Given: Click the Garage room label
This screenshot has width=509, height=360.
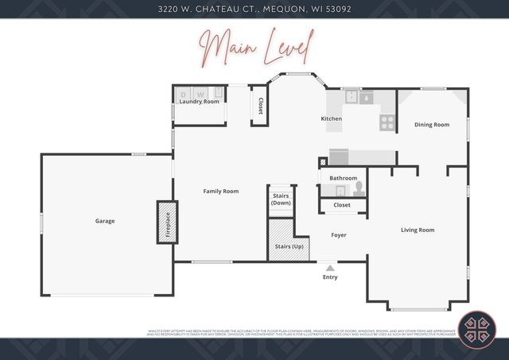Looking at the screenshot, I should coord(105,221).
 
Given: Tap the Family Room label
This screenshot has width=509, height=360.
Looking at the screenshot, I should coord(220,191).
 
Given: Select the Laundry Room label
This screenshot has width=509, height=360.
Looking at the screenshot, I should coord(199,102).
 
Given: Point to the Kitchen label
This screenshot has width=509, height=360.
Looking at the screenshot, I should coord(331,118).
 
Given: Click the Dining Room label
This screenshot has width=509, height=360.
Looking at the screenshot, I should coord(432,125).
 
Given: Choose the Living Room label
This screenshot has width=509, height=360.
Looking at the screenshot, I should coord(418,230).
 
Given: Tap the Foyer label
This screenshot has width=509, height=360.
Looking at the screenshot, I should coord(339,234).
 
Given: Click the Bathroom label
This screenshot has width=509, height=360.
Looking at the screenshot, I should coord(344,178).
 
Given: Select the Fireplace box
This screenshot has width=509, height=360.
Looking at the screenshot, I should coord(167,222).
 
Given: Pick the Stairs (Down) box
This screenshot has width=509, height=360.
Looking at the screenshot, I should coord(281,199).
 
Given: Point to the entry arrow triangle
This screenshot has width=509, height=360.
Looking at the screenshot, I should coord(330,268).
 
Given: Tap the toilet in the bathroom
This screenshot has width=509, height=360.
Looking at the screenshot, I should coord(359,188).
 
